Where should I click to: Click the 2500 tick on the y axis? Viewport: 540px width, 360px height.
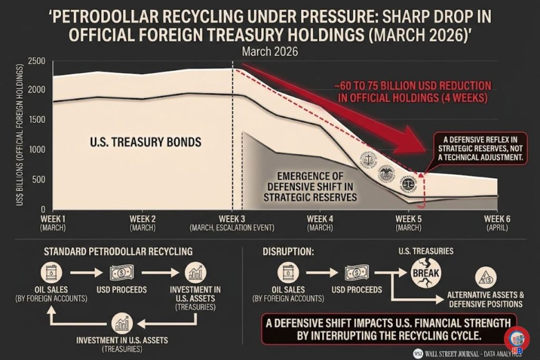37,61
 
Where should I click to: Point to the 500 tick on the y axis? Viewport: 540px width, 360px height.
40,180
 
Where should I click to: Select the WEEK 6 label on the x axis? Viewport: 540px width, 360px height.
497,219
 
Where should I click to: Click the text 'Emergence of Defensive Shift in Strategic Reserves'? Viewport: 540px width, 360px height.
312,187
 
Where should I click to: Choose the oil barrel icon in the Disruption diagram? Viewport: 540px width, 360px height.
288,273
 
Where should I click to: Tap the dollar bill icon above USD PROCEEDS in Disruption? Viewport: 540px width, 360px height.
356,273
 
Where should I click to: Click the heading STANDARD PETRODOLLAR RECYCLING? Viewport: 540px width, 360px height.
118,251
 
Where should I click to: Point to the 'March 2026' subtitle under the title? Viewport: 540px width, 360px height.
270,52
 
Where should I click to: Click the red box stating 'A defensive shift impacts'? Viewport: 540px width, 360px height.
388,329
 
